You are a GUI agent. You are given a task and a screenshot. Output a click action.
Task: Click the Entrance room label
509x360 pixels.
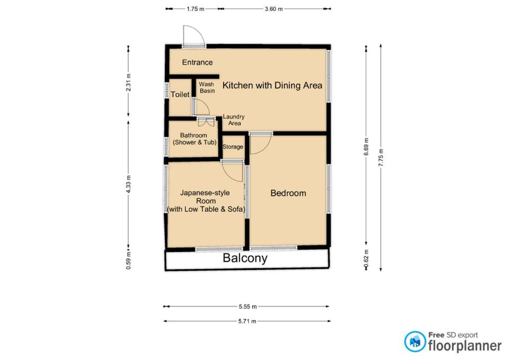pos(197,63)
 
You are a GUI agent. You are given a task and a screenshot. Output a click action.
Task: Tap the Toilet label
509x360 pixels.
pos(180,94)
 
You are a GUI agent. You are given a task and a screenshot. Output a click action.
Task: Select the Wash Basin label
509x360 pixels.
pos(207,87)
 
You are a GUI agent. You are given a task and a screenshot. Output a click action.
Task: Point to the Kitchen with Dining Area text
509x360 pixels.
pos(273,85)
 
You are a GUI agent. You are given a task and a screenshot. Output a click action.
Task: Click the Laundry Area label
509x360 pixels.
pos(234,120)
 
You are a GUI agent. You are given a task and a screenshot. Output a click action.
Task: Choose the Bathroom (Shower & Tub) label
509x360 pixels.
pos(194,138)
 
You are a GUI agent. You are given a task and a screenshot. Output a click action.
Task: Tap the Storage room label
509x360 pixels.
pos(233,147)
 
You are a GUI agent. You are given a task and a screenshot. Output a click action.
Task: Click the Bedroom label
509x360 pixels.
pos(288,193)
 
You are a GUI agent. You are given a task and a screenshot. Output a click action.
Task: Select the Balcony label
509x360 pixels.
pos(245,258)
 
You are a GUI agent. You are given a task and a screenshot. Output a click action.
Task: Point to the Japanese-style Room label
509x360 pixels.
pos(206,201)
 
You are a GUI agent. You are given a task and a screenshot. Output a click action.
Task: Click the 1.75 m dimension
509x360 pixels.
pos(196,9)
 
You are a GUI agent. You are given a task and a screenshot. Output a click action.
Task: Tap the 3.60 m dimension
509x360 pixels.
pos(274,9)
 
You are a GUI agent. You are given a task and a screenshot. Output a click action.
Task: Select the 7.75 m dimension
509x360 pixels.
pos(381,158)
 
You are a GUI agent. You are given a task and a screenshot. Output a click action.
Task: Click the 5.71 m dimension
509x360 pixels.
pos(247,321)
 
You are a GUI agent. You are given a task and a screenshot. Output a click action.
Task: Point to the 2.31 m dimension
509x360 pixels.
pos(128,83)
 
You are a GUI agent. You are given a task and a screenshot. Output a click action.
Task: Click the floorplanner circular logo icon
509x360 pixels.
pos(415,341)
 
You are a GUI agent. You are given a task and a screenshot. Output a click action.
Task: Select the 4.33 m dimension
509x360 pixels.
pos(128,185)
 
